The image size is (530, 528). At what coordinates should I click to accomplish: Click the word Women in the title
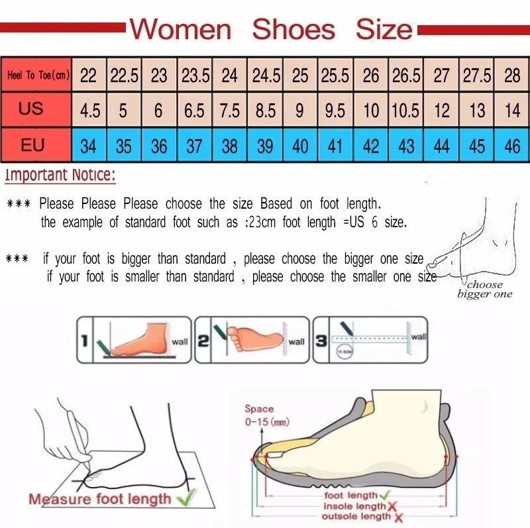tap(180, 29)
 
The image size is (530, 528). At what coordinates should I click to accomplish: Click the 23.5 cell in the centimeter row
tap(195, 76)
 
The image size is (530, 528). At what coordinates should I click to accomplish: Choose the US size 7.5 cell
tap(229, 110)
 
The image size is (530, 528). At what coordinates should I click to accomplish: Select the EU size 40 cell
tap(300, 145)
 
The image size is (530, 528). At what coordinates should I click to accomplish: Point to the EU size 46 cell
tap(512, 145)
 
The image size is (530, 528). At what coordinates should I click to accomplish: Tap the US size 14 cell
tap(512, 110)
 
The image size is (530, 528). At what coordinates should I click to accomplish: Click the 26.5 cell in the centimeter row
tap(406, 76)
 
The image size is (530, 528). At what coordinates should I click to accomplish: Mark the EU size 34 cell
tap(88, 145)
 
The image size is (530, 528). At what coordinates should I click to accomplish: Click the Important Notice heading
tap(60, 176)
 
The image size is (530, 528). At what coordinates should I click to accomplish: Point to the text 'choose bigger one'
tap(485, 290)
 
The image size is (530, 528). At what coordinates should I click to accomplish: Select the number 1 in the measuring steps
tap(85, 341)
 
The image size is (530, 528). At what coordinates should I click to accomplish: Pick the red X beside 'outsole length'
tap(396, 516)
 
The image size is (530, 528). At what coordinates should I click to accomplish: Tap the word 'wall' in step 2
tap(296, 342)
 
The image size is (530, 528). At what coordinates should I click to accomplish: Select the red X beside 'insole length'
tap(392, 505)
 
